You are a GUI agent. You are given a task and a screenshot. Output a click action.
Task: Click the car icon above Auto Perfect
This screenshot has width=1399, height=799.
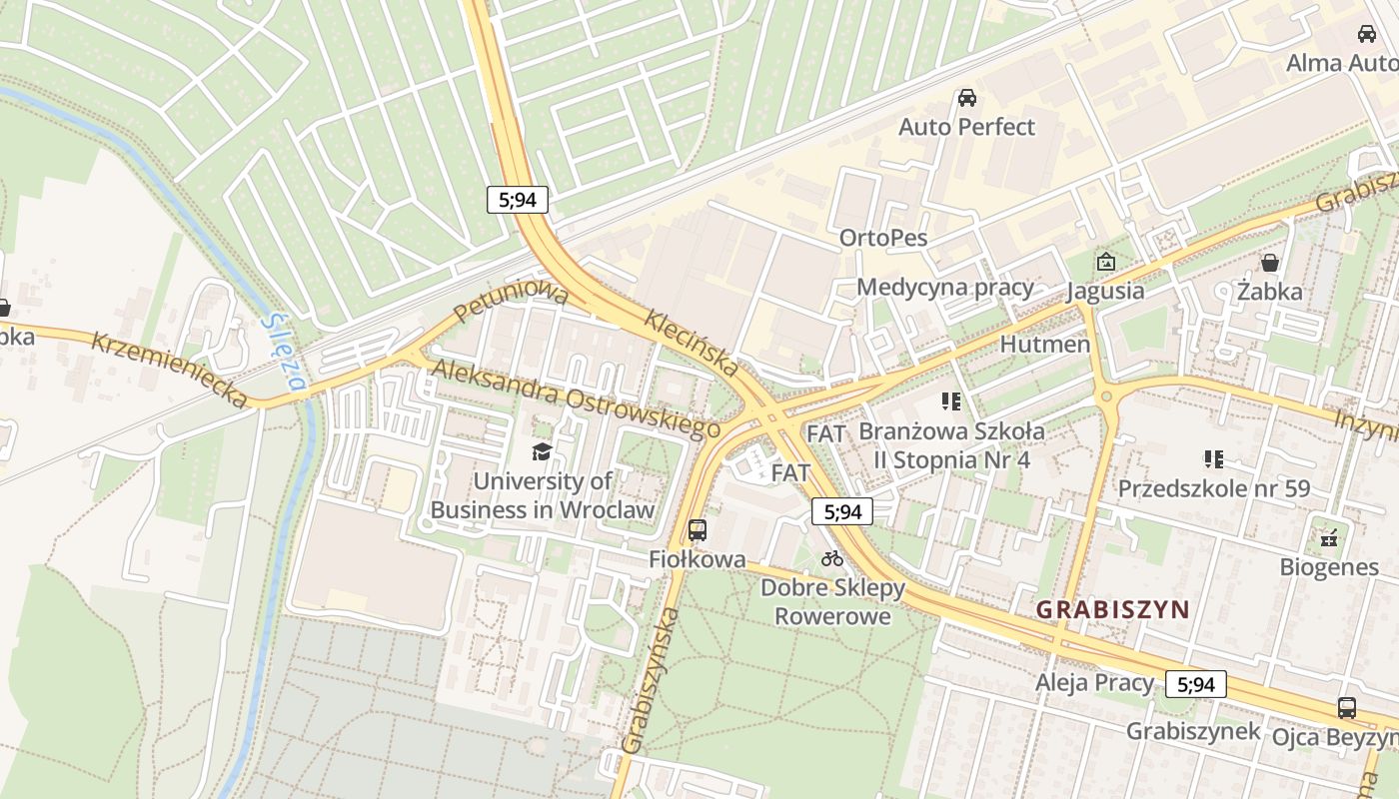pos(966,98)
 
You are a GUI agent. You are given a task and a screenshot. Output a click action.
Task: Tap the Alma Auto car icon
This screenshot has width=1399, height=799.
pos(1366,34)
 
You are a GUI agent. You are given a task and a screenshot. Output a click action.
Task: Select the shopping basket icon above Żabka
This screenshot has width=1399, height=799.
pos(1269,263)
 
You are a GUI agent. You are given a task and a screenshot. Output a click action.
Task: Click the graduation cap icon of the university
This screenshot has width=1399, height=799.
pos(542,452)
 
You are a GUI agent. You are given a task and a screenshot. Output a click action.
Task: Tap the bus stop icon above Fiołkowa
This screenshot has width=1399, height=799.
pos(698,530)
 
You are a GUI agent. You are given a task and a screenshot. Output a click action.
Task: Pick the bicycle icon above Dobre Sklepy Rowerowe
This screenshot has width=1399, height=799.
pos(831,558)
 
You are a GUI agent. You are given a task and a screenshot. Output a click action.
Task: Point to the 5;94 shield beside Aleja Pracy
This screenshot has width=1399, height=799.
pos(1195,684)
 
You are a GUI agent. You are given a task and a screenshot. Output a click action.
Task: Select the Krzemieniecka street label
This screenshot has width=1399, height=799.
pos(169,370)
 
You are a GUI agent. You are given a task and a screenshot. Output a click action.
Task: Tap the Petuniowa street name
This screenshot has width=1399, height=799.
pos(510,303)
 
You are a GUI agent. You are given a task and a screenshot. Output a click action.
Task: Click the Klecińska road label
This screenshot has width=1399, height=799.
pos(693,343)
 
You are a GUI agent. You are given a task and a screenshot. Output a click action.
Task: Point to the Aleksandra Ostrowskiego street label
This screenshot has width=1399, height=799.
pos(576,398)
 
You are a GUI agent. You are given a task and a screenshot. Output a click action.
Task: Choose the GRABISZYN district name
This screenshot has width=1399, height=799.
pos(1112,609)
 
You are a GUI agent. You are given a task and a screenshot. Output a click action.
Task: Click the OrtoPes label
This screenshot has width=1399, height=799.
pos(883,238)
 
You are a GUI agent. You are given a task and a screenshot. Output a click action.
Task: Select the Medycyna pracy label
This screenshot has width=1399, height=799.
pos(944,288)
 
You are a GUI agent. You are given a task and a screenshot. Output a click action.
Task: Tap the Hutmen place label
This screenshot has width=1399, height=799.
pos(1044,345)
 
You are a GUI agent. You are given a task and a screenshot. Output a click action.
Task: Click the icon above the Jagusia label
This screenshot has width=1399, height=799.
pos(1105,263)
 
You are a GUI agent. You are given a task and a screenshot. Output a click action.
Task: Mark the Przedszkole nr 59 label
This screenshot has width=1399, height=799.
pos(1213,488)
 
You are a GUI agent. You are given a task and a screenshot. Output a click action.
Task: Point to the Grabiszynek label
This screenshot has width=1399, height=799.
pos(1192,731)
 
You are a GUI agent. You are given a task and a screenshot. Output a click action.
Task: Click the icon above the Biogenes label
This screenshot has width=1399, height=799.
pos(1328,538)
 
